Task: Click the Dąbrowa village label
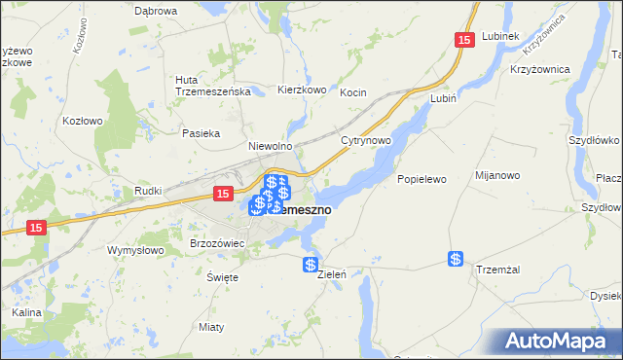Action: (x=156, y=11)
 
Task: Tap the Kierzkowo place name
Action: (x=301, y=90)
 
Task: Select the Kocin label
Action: (x=352, y=92)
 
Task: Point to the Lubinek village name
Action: (x=499, y=36)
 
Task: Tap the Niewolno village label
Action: (x=271, y=146)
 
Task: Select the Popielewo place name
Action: (x=421, y=180)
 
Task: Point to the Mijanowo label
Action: (x=495, y=175)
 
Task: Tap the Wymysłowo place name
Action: (x=136, y=249)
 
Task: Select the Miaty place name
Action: (x=211, y=326)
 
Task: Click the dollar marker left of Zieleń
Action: (x=310, y=265)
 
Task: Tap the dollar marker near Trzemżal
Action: (x=456, y=259)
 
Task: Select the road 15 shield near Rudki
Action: (x=223, y=195)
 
